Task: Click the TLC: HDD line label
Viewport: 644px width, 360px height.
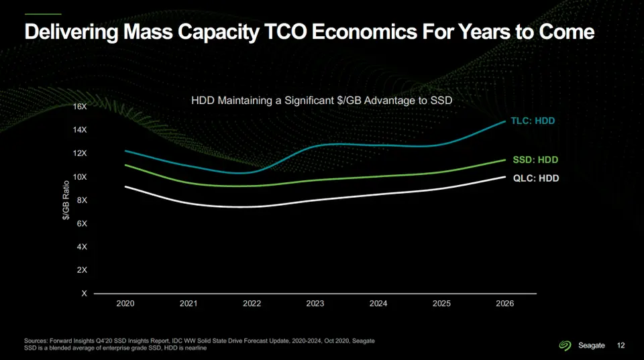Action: tap(533, 121)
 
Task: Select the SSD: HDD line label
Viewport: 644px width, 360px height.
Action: tap(535, 160)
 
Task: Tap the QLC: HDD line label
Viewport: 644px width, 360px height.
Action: tap(535, 178)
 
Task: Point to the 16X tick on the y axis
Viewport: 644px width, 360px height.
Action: tap(79, 107)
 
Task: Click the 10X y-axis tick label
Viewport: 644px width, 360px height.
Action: tap(79, 177)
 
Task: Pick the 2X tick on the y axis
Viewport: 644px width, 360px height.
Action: tap(82, 270)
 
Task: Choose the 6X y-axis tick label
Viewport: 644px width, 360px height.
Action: tap(82, 224)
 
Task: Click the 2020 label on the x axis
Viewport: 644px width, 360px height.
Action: tap(125, 304)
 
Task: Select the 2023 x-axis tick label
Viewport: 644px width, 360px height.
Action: tap(315, 304)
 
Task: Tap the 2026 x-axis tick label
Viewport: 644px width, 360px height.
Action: tap(504, 304)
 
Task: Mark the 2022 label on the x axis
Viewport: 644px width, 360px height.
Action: tap(252, 304)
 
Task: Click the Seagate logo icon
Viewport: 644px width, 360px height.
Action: tap(565, 345)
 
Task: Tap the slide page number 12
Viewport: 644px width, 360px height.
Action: tap(621, 345)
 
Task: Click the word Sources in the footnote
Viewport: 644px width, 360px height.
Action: tap(36, 341)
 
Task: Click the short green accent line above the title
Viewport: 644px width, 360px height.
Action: tap(42, 14)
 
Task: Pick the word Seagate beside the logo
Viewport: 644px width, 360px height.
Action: tap(592, 345)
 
